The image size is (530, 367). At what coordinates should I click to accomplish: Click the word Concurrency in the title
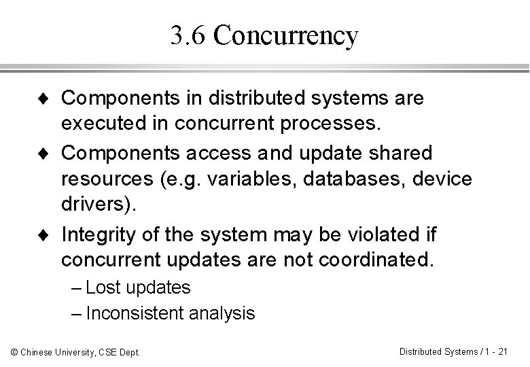coord(285,36)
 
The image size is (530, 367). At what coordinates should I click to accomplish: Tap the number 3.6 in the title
coord(189,36)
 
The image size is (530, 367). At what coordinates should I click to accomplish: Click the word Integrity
coord(96,234)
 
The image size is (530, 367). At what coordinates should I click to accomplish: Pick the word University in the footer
coord(75,352)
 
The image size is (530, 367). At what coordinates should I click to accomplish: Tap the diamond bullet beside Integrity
coord(43,235)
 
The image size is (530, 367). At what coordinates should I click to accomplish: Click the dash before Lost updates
coord(76,288)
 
